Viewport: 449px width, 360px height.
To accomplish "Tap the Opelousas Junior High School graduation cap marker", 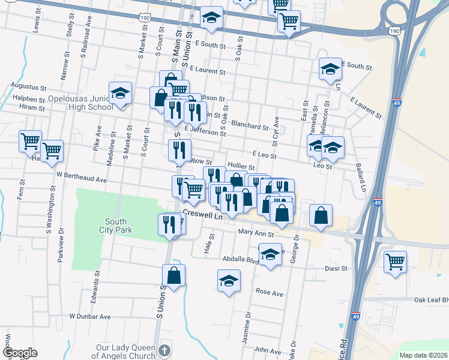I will click(121, 94).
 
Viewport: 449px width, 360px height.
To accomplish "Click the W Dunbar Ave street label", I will click(90, 316).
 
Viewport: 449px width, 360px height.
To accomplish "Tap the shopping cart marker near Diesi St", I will click(395, 261).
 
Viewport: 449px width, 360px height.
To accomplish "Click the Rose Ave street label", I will click(269, 293).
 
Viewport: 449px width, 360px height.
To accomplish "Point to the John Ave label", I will click(267, 350).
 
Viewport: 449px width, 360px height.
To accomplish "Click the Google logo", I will click(19, 353).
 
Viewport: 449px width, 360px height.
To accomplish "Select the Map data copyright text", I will click(424, 355).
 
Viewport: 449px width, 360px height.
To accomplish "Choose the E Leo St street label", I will click(264, 155).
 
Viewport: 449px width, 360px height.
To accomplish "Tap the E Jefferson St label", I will click(205, 131).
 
